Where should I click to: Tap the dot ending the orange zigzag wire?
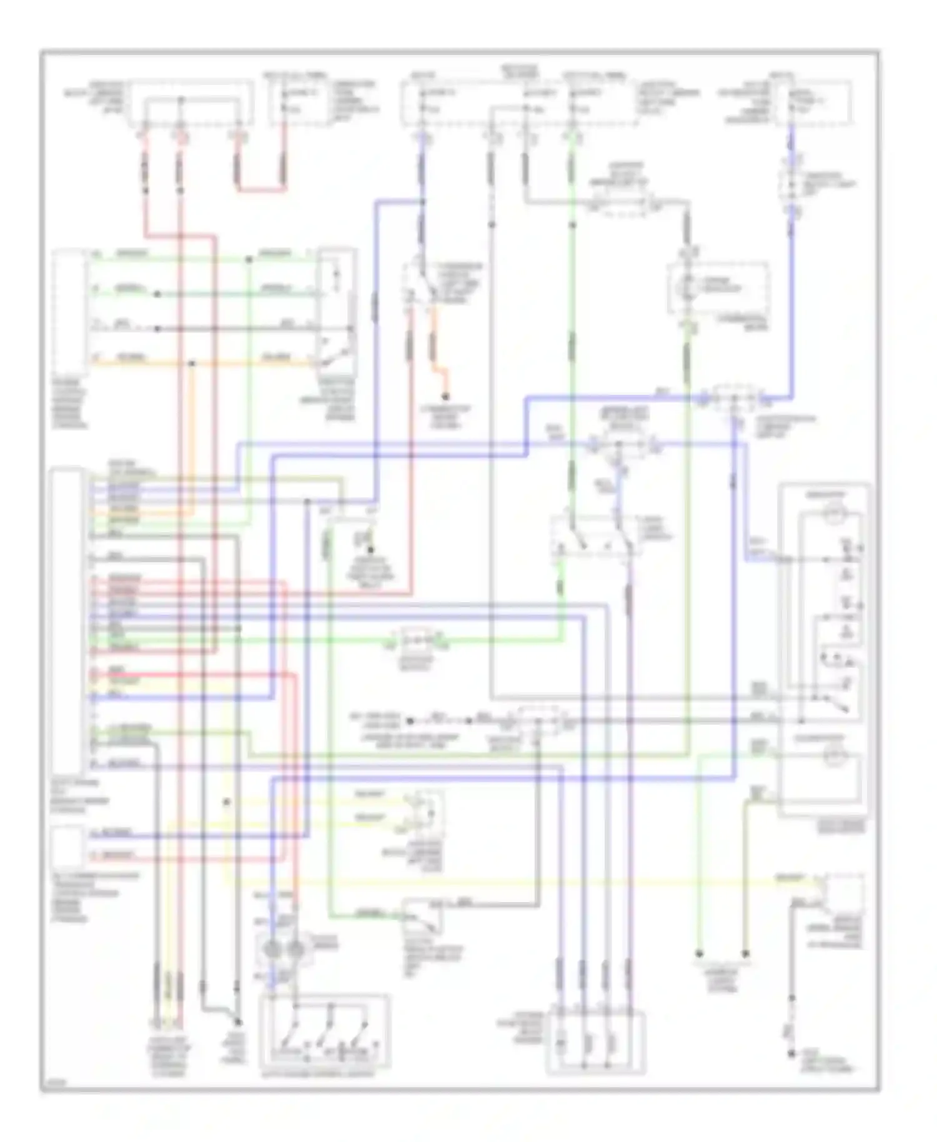tap(446, 396)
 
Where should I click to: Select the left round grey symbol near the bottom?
tap(273, 950)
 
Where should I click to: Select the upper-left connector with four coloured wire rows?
tap(69, 311)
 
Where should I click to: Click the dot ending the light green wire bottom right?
tap(699, 954)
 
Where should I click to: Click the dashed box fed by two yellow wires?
tap(425, 812)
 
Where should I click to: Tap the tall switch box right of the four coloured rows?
tap(337, 309)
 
